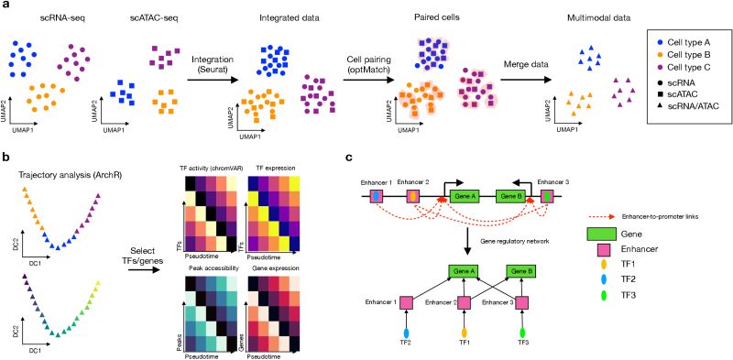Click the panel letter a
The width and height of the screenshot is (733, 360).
point(6,7)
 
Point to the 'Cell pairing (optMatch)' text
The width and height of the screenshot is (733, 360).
point(377,63)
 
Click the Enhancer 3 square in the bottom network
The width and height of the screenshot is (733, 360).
point(524,303)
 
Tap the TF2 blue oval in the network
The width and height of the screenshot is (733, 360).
point(405,337)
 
